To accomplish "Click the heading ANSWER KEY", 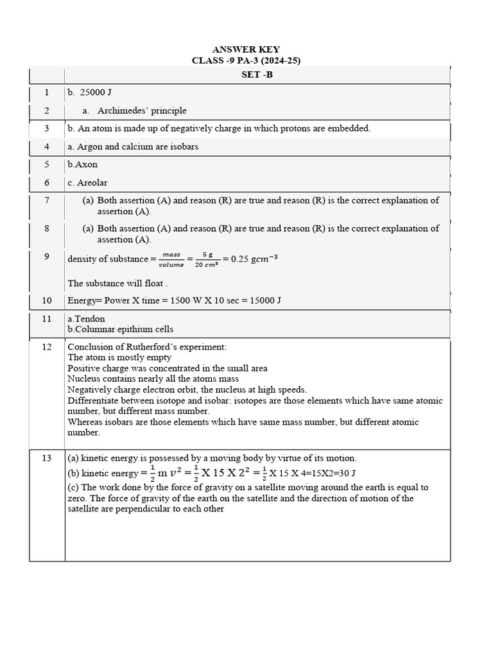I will click(x=246, y=49).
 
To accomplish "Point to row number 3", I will click(x=47, y=128).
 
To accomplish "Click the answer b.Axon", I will click(x=82, y=164).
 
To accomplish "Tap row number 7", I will click(x=47, y=200).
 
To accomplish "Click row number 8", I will click(x=47, y=228).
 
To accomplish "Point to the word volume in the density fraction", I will click(x=171, y=264).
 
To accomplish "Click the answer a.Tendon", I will click(x=86, y=318).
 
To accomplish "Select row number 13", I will click(x=47, y=457).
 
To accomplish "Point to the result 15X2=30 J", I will click(x=330, y=474).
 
